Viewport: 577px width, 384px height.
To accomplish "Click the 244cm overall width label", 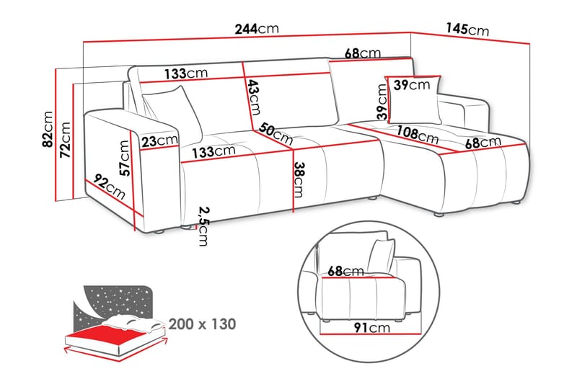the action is coord(256,30).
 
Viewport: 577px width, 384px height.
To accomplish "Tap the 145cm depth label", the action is coord(467,30).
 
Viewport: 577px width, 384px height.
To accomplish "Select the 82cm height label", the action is coord(48,130).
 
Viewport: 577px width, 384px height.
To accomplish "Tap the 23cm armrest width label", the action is coord(159,140).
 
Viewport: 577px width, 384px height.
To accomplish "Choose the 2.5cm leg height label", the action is coord(203,226).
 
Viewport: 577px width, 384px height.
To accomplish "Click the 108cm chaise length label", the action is coord(418,134).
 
